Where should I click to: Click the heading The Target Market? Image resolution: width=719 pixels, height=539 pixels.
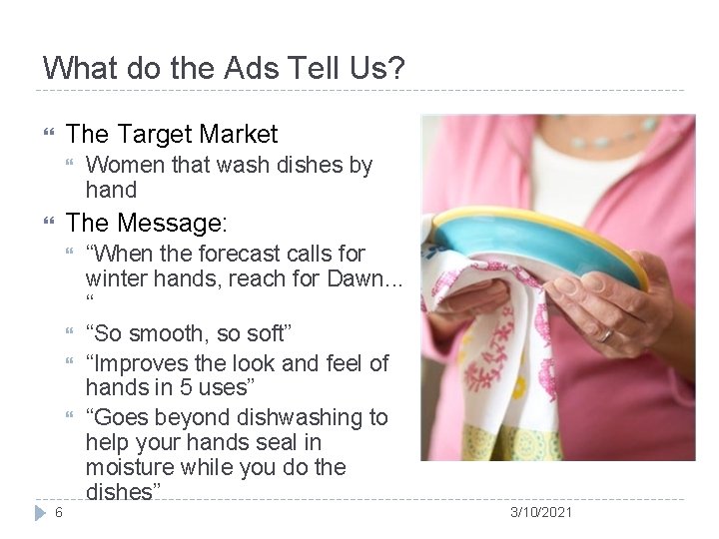pyautogui.click(x=171, y=133)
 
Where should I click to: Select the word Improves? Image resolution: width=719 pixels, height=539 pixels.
pyautogui.click(x=137, y=363)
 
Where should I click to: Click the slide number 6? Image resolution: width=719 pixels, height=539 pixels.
pyautogui.click(x=59, y=513)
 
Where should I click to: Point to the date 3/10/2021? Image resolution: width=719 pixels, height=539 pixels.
pyautogui.click(x=541, y=512)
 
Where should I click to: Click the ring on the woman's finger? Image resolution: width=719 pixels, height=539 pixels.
pyautogui.click(x=605, y=334)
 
